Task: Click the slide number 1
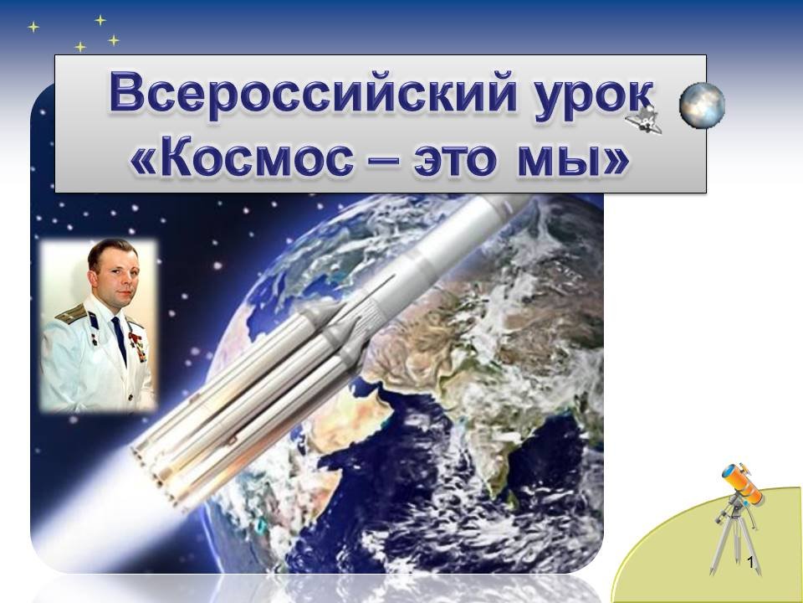click(751, 563)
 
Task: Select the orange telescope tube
click(742, 482)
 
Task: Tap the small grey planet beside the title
click(702, 106)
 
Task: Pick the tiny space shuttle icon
click(644, 120)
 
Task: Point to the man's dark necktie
click(120, 338)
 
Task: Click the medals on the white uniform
click(137, 346)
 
